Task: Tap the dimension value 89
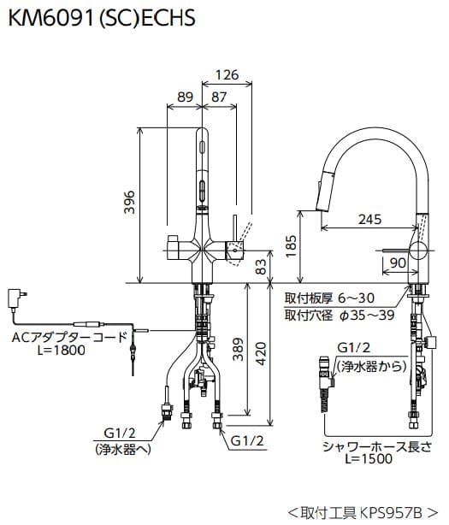point(182,97)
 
